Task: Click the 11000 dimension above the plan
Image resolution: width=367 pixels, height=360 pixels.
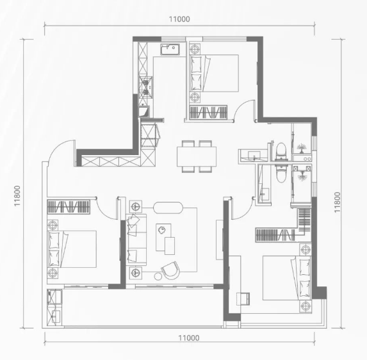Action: tap(179, 19)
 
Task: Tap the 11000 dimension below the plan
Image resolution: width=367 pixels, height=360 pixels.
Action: tap(189, 338)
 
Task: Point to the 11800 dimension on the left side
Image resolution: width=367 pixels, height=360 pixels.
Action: tap(17, 196)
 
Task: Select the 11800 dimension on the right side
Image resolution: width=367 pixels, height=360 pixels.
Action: tap(337, 202)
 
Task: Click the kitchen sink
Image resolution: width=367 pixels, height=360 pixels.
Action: tap(170, 49)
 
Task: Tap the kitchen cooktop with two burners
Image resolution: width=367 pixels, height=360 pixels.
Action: tap(146, 87)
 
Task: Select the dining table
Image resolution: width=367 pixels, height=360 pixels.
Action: tap(197, 156)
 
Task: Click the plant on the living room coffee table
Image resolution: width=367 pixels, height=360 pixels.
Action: tap(162, 230)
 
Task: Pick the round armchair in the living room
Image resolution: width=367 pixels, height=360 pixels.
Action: tap(170, 270)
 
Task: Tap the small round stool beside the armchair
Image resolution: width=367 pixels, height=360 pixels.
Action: tap(158, 276)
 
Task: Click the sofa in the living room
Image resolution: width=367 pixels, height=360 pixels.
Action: tap(136, 239)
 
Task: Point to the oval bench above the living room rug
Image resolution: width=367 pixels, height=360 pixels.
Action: tap(168, 208)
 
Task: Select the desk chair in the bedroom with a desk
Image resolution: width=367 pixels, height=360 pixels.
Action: tap(243, 299)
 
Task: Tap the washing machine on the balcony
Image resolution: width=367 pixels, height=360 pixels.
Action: tap(54, 297)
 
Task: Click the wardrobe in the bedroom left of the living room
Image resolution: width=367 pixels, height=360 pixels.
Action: tap(69, 207)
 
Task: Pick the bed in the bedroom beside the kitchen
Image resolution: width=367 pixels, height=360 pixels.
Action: tap(214, 73)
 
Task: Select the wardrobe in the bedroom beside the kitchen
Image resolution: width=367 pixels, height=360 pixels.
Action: tap(208, 112)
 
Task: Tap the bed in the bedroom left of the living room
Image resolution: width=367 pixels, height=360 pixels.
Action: tap(72, 249)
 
